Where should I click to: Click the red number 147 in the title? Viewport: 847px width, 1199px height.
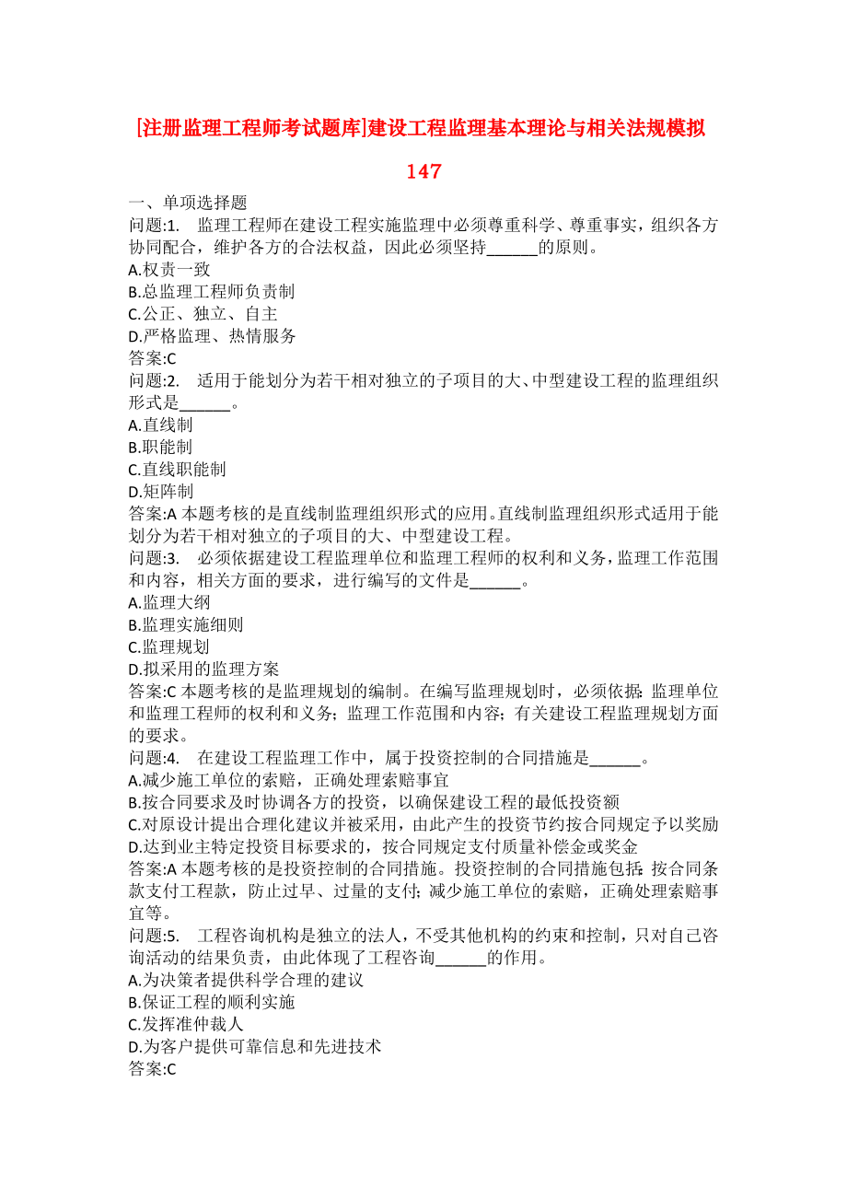coord(423,171)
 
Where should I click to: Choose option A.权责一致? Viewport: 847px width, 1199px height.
coord(170,270)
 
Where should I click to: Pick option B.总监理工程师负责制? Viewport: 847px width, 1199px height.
coord(212,292)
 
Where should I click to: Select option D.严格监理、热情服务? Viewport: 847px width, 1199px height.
coord(213,336)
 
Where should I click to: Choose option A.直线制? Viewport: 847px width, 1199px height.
coord(161,425)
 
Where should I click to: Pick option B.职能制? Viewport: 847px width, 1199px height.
coord(161,447)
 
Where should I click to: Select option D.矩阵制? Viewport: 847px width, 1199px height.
coord(161,491)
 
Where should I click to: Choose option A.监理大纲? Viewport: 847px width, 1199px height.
coord(169,602)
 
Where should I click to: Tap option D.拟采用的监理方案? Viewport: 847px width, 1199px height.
coord(204,669)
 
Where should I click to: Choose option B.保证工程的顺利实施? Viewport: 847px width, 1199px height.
coord(213,1002)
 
